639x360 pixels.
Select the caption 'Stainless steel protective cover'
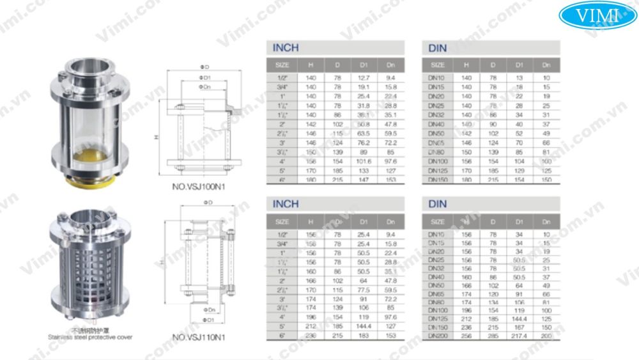[89, 336]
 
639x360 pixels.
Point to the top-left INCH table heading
[286, 48]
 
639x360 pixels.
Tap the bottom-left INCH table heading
[286, 204]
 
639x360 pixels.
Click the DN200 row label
[437, 335]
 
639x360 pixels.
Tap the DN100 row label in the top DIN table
[437, 162]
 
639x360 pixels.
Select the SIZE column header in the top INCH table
[282, 65]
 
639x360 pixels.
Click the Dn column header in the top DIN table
[546, 65]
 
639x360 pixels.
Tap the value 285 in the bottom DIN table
[492, 335]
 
